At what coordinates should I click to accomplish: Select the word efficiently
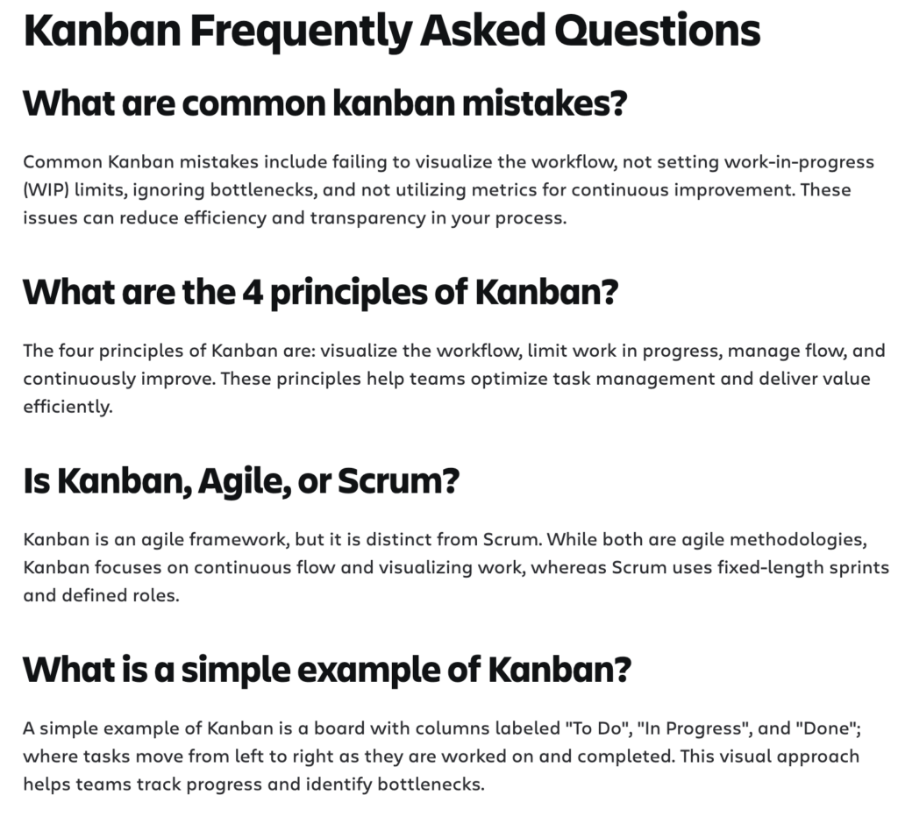click(x=68, y=407)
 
